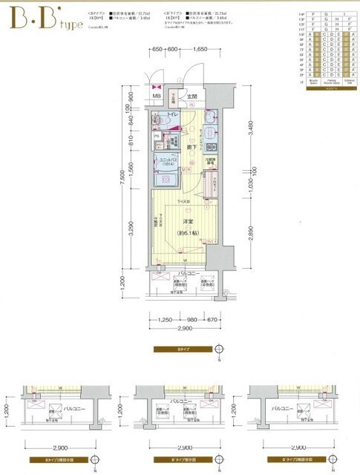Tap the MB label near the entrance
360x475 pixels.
pos(156,96)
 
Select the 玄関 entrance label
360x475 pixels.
pos(192,96)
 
